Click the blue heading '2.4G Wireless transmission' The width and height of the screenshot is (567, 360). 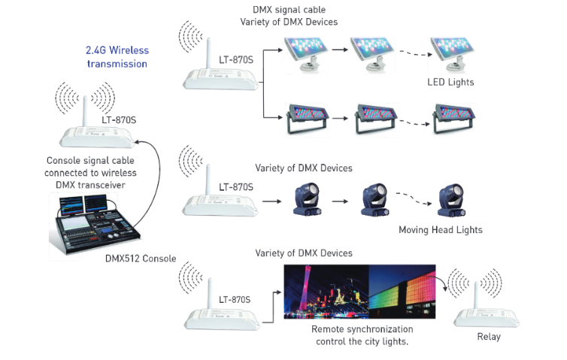pyautogui.click(x=117, y=57)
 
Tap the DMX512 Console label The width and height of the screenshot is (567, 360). pyautogui.click(x=141, y=259)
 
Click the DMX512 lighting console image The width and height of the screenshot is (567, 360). pyautogui.click(x=95, y=225)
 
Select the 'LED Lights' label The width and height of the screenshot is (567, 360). pyautogui.click(x=450, y=83)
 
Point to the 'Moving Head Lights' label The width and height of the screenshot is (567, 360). pyautogui.click(x=441, y=230)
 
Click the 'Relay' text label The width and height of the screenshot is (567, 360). pyautogui.click(x=489, y=337)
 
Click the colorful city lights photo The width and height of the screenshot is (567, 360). pyautogui.click(x=359, y=292)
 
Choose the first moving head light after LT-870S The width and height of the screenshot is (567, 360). pyautogui.click(x=307, y=199)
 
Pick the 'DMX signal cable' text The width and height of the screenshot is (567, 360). pyautogui.click(x=289, y=10)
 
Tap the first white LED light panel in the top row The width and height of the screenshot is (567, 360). pyautogui.click(x=306, y=54)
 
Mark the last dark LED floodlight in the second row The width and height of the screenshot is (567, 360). pyautogui.click(x=454, y=118)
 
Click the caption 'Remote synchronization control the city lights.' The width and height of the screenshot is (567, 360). pyautogui.click(x=362, y=335)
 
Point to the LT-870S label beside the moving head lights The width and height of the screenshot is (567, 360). pyautogui.click(x=236, y=187)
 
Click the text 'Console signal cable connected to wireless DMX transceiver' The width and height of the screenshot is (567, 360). pyautogui.click(x=90, y=173)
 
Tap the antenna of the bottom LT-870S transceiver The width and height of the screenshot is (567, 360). pyautogui.click(x=209, y=294)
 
